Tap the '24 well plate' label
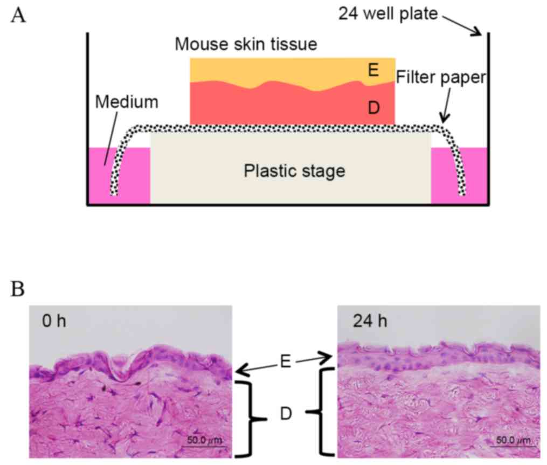[388, 13]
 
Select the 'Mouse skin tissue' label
[246, 44]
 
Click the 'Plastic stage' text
[294, 171]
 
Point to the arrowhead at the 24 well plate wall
[479, 33]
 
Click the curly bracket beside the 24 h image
[323, 412]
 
